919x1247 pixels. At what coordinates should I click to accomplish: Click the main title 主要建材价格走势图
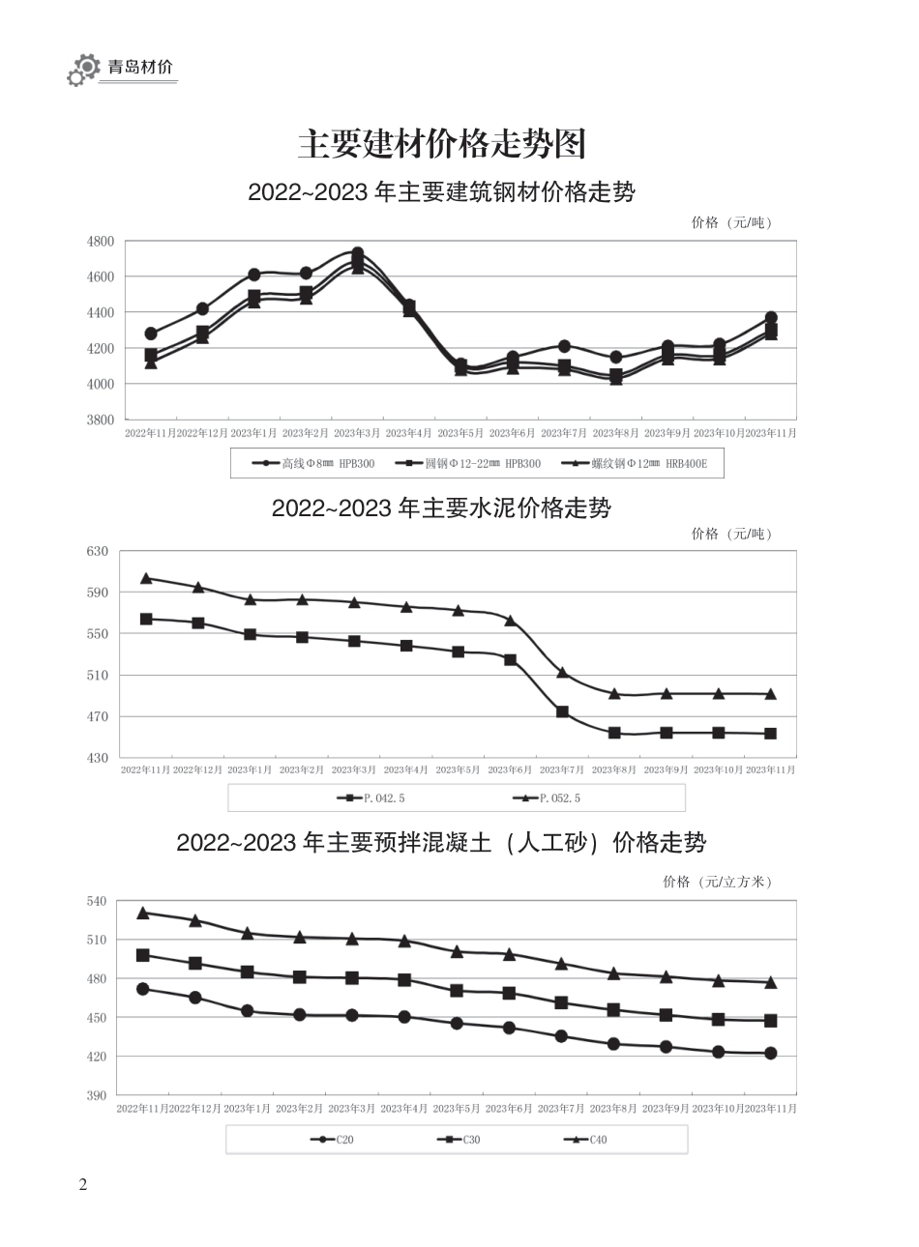tap(441, 144)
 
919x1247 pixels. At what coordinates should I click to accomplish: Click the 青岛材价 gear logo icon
tap(83, 70)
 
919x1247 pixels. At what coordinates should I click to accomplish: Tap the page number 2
tap(83, 1184)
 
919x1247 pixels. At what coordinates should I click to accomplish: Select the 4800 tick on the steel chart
tap(101, 241)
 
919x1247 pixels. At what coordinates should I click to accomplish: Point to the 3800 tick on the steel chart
tap(101, 420)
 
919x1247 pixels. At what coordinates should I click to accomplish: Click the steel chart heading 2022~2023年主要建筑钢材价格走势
tap(441, 191)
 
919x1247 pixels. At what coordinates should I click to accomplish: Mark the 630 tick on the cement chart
tap(98, 551)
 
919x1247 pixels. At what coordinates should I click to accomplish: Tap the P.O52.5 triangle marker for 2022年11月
tap(146, 578)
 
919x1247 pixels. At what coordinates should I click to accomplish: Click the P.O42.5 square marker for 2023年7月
tap(562, 711)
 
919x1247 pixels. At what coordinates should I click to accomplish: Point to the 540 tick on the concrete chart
tap(97, 901)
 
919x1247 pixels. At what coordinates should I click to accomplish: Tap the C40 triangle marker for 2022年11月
tap(143, 913)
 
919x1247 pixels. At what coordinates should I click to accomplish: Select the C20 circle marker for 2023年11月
tap(771, 1053)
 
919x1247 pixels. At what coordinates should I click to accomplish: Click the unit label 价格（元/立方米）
tap(718, 882)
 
